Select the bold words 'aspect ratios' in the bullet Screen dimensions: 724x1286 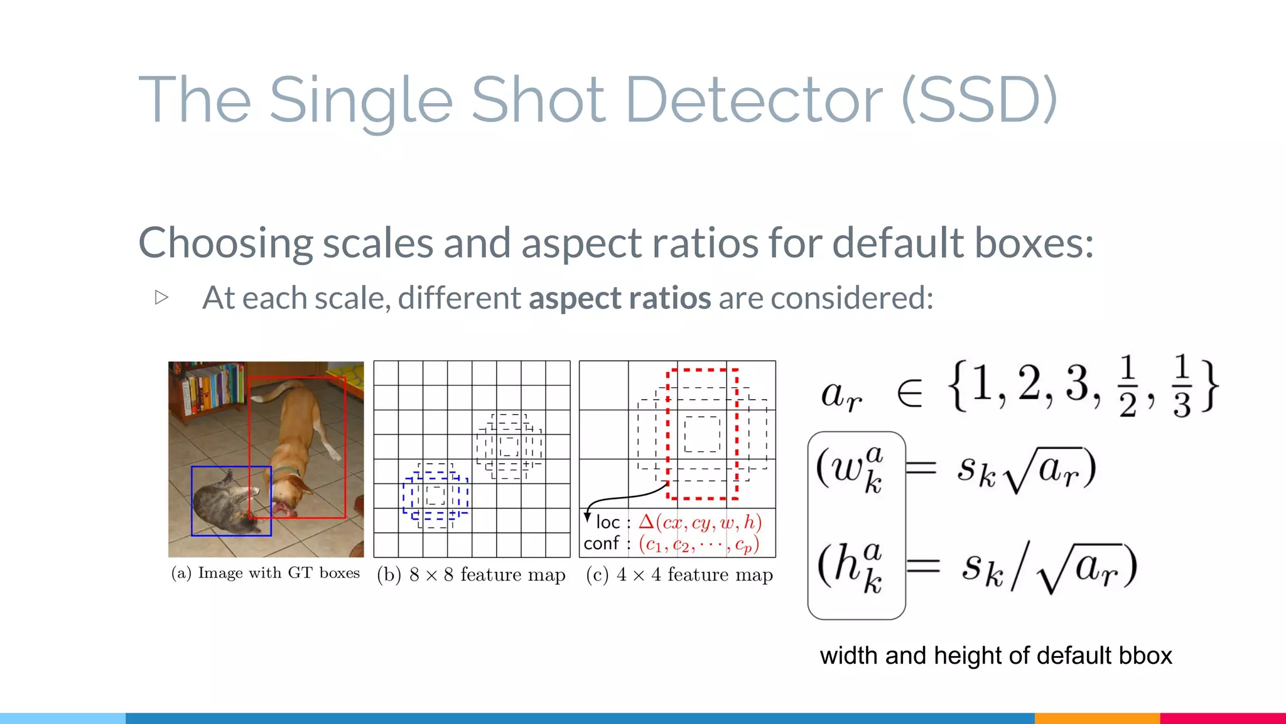620,298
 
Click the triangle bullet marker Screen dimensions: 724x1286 161,297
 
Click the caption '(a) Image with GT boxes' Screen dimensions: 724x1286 266,573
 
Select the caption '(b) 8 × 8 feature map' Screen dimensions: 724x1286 471,574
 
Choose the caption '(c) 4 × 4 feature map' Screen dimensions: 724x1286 679,574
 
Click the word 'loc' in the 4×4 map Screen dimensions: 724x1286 607,522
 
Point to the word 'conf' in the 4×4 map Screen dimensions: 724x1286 601,543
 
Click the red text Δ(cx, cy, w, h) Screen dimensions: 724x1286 700,522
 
